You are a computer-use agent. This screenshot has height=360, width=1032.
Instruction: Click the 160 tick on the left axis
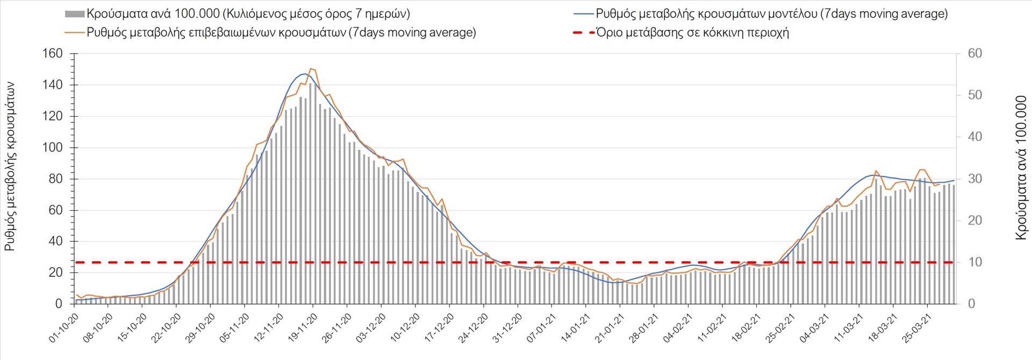coord(52,54)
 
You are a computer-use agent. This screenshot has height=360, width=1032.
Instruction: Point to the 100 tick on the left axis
coord(52,148)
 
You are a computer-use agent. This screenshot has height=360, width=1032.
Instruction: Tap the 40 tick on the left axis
coord(55,241)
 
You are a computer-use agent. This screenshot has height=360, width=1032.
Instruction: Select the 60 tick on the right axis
coord(974,54)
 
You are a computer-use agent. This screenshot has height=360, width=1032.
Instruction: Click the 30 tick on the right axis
coord(974,179)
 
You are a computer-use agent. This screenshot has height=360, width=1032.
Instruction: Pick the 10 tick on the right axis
coord(974,262)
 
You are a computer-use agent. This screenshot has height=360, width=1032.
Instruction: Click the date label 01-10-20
coord(64,328)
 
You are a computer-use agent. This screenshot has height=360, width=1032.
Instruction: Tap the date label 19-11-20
coord(303,328)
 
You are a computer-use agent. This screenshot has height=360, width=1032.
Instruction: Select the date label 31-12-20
coord(507,328)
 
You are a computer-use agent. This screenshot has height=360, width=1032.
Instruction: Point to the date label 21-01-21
coord(610,328)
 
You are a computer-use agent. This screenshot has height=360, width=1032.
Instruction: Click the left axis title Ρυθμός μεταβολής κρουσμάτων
coord(10,167)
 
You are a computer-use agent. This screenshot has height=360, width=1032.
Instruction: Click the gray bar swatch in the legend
coord(74,14)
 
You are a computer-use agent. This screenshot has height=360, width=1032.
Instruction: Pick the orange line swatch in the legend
coord(74,33)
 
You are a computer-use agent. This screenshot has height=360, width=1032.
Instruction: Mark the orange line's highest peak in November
coord(312,69)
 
